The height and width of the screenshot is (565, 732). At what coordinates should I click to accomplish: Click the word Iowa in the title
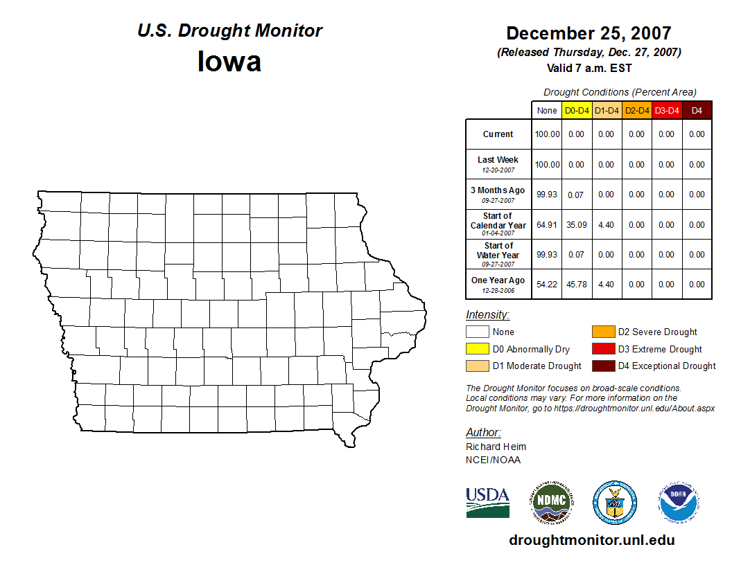tap(229, 62)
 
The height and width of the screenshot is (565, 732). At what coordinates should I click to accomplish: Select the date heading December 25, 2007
tap(589, 33)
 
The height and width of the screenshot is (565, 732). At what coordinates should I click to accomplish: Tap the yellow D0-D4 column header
tap(577, 111)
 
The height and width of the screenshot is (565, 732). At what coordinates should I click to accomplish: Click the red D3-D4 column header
tap(667, 111)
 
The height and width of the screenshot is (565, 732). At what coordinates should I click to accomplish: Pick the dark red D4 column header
tap(697, 111)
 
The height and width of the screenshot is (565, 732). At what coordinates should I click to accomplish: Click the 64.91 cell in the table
tap(547, 225)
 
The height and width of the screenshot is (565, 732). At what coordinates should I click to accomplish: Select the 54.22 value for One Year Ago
tap(547, 285)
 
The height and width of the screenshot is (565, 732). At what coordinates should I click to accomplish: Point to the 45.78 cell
tap(577, 285)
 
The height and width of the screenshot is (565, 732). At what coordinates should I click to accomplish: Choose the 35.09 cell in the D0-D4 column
tap(577, 225)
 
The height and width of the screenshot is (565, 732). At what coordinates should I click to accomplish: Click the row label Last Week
tap(498, 160)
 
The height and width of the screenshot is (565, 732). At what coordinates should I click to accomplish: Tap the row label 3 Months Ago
tap(498, 190)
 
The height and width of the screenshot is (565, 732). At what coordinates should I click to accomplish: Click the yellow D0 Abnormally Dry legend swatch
tap(477, 349)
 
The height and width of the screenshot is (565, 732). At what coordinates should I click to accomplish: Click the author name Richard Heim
tap(496, 447)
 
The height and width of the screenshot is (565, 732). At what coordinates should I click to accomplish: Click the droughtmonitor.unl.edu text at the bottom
tap(592, 540)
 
